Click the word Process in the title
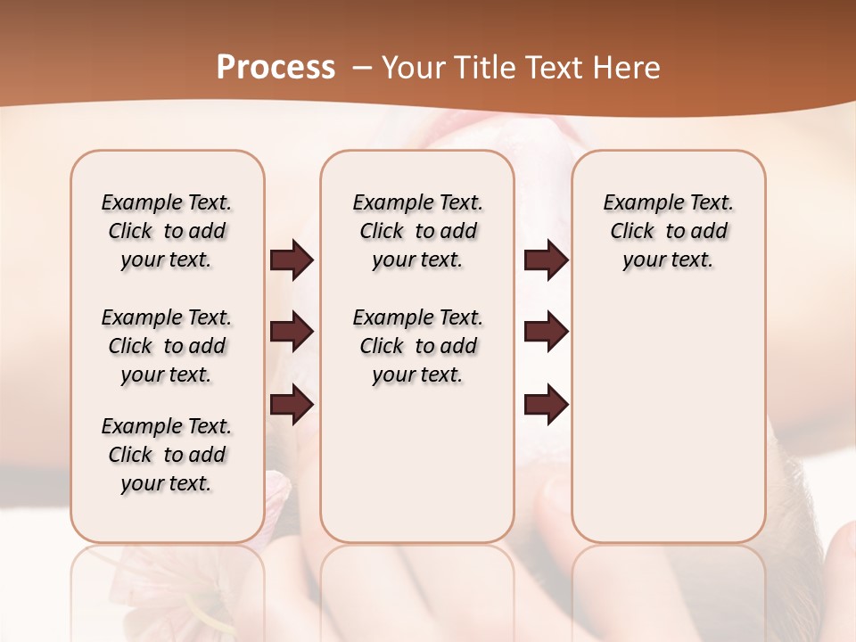pos(276,67)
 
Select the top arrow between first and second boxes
pos(292,259)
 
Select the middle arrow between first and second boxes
pos(292,332)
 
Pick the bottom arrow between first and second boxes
pos(292,405)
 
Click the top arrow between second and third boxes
pos(546,259)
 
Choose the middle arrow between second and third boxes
pos(546,332)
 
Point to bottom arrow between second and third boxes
pos(546,405)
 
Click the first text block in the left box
pos(167,231)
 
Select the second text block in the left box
pos(167,346)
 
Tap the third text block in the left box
pos(167,455)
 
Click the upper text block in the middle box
pos(417,231)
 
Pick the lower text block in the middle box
pos(417,346)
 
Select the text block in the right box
pos(668,231)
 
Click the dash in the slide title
pos(362,68)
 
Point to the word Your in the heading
pos(414,67)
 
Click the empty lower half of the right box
pos(668,428)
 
